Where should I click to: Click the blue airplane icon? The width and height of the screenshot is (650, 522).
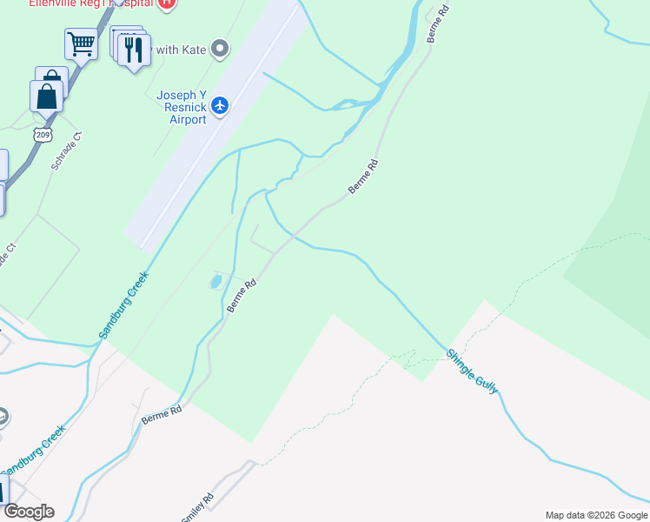(x=220, y=105)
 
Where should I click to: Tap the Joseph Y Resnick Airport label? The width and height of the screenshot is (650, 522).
(x=182, y=107)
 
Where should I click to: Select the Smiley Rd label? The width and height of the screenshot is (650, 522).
(x=197, y=509)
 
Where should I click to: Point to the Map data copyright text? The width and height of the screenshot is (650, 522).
(x=596, y=515)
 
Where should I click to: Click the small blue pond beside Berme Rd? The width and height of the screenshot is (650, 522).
(x=214, y=282)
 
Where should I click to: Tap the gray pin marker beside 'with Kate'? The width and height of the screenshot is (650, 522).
(x=220, y=49)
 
